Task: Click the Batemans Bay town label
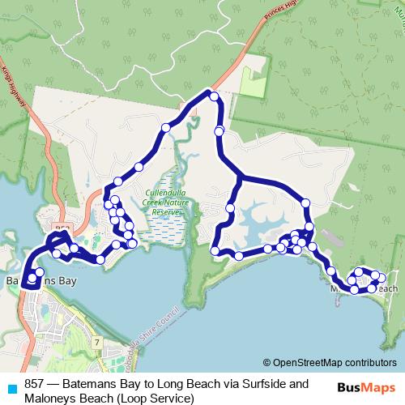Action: point(40,281)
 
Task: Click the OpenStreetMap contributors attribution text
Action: point(330,363)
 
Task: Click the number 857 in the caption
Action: point(35,384)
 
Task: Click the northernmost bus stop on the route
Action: point(214,96)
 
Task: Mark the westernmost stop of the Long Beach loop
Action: point(215,251)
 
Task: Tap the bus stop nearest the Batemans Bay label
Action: point(32,278)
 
